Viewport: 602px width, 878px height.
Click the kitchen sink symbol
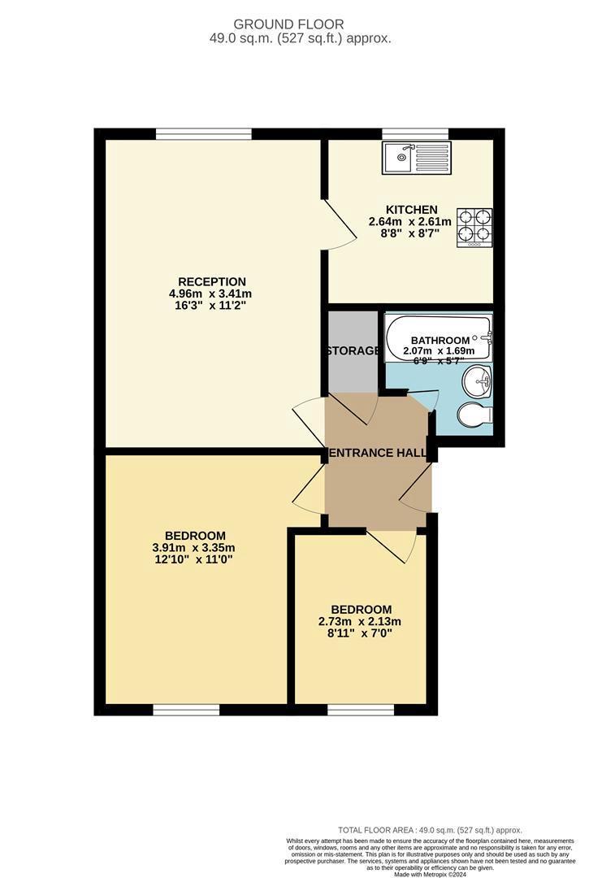[416, 156]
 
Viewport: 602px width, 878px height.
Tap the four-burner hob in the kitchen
[475, 228]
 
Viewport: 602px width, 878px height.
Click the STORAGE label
[353, 351]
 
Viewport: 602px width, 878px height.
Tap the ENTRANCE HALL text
[378, 453]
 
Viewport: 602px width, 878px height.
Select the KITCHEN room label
[414, 210]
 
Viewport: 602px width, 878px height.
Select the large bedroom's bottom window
[186, 710]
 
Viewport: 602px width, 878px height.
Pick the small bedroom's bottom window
[360, 710]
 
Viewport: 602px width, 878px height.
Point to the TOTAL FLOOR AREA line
[431, 830]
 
